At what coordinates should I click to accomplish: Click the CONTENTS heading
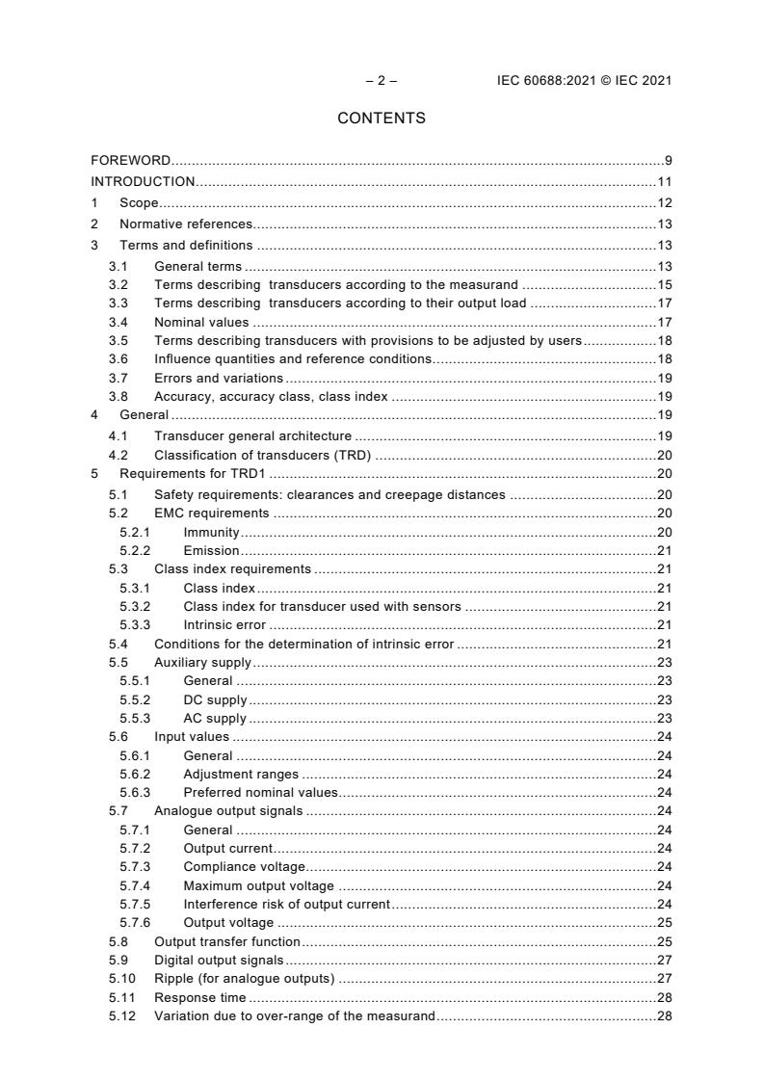[x=382, y=119]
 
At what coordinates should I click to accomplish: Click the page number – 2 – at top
[x=382, y=81]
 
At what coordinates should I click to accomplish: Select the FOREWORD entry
[x=131, y=160]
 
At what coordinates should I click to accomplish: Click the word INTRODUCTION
[x=143, y=181]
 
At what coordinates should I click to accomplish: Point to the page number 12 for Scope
[x=664, y=202]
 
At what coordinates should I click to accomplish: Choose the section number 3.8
[x=119, y=396]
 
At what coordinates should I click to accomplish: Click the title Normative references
[x=186, y=224]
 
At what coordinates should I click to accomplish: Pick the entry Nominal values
[x=201, y=322]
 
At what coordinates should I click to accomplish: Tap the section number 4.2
[x=119, y=455]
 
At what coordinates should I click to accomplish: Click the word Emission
[x=211, y=550]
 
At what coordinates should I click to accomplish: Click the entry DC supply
[x=215, y=699]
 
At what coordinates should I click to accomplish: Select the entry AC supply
[x=215, y=718]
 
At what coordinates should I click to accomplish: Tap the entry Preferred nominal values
[x=260, y=792]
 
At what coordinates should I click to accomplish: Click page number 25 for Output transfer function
[x=664, y=941]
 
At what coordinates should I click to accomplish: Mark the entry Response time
[x=199, y=997]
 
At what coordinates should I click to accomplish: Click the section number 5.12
[x=121, y=1016]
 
